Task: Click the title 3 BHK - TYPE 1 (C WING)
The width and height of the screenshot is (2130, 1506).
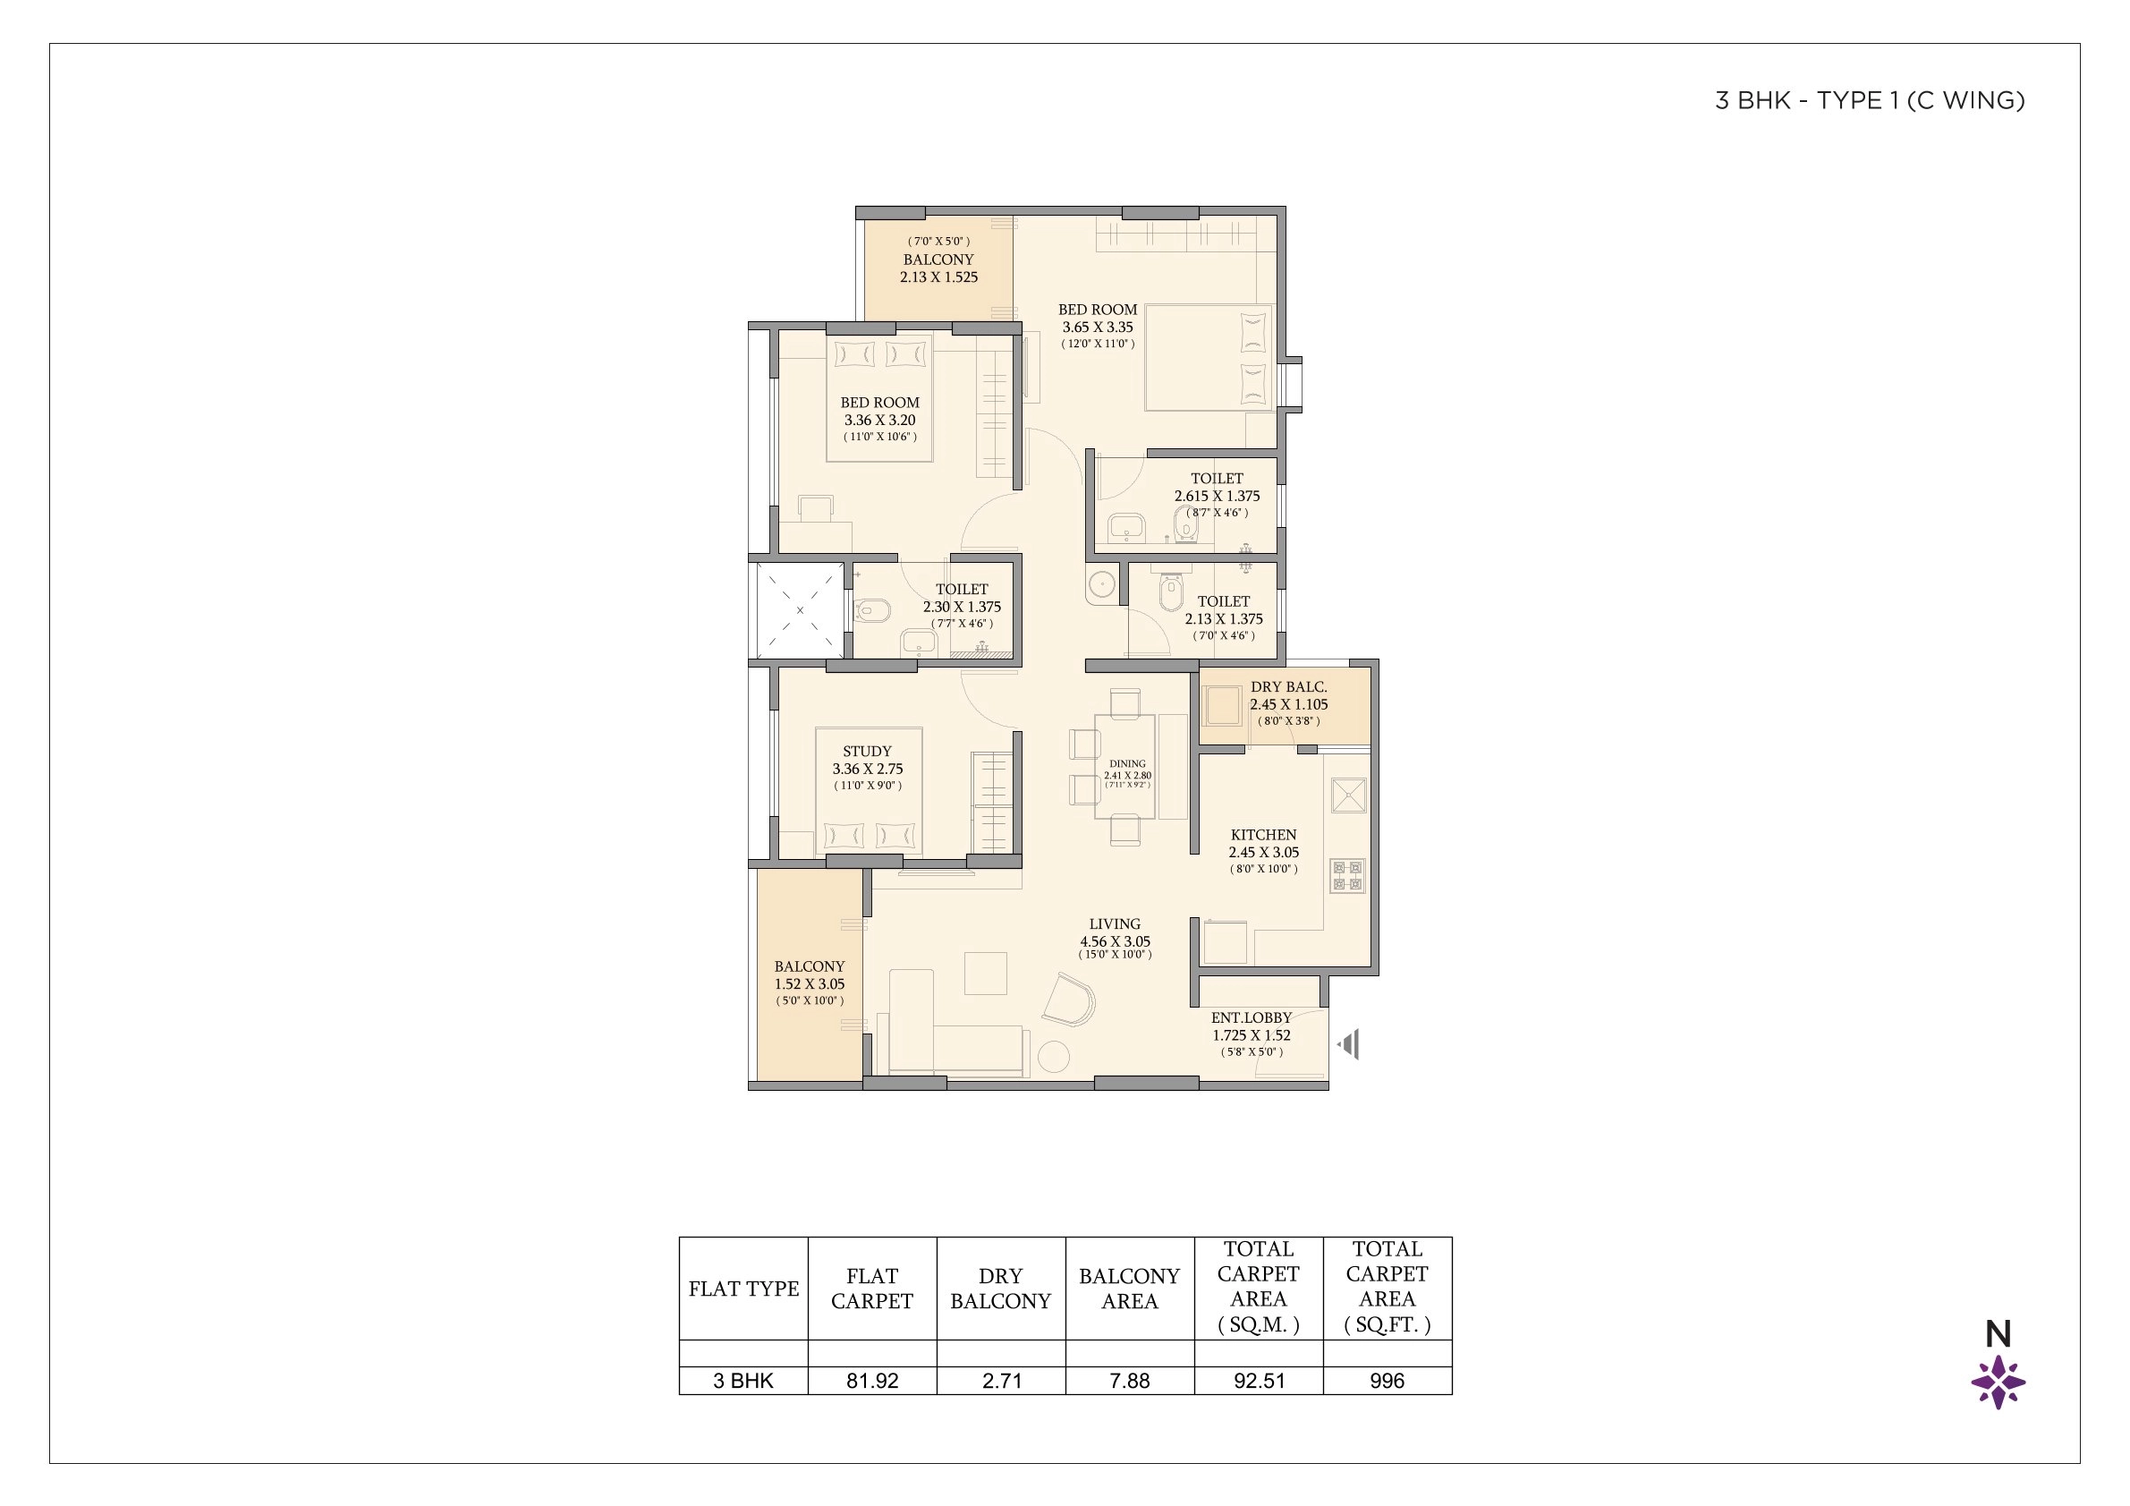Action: pos(1869,101)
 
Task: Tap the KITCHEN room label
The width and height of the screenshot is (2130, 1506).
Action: pos(1262,835)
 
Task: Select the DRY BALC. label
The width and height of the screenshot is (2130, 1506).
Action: pos(1287,687)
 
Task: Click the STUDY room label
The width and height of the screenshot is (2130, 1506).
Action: pos(867,752)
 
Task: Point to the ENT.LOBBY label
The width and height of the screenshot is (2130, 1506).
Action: pos(1251,1018)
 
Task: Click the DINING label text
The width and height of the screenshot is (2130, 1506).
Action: pos(1127,763)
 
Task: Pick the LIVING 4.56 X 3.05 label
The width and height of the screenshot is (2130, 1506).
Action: pos(1114,932)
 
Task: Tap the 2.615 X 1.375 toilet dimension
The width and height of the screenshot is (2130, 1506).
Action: pos(1217,497)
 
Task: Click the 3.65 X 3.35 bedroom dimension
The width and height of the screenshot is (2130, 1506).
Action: pos(1097,328)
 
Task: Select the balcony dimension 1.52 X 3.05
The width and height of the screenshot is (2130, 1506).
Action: pos(809,984)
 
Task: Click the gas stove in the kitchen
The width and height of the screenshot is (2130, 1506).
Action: pos(1347,876)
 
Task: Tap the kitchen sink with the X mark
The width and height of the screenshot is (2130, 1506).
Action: pos(1349,796)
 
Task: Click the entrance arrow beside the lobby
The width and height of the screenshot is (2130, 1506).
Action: pos(1349,1044)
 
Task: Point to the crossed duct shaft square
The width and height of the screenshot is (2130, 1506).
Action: pos(801,610)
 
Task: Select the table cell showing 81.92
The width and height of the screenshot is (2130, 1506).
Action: pos(872,1381)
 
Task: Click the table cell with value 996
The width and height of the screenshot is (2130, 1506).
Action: pos(1387,1381)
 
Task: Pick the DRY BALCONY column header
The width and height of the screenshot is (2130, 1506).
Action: pos(1000,1289)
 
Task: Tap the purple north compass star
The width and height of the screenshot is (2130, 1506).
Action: pos(1998,1383)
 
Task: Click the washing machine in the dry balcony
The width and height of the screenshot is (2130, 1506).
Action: pos(1222,706)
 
